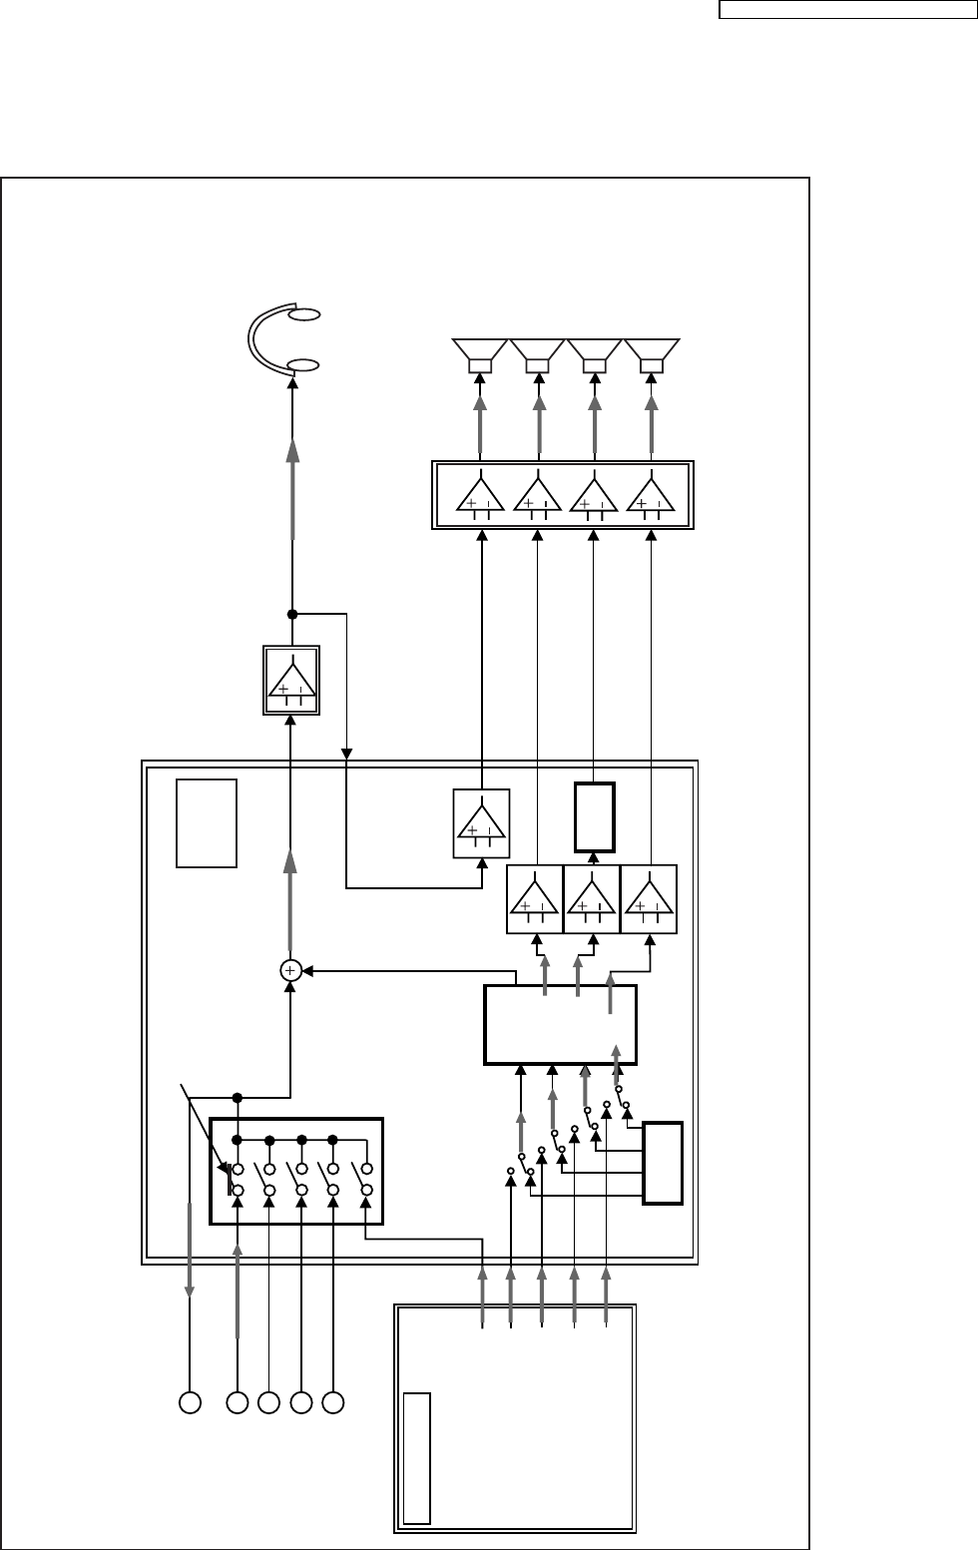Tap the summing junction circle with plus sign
[x=290, y=969]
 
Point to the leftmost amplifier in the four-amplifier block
[x=480, y=494]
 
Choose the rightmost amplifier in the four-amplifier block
[x=652, y=494]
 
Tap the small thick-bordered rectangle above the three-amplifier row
[x=595, y=816]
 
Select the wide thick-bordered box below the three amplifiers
[x=560, y=1025]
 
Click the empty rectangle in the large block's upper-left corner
[x=207, y=823]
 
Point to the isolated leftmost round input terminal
[x=189, y=1402]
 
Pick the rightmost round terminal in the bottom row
[x=334, y=1402]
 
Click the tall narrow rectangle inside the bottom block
[x=418, y=1458]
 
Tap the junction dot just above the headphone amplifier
[x=292, y=614]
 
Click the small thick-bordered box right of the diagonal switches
[x=664, y=1163]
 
